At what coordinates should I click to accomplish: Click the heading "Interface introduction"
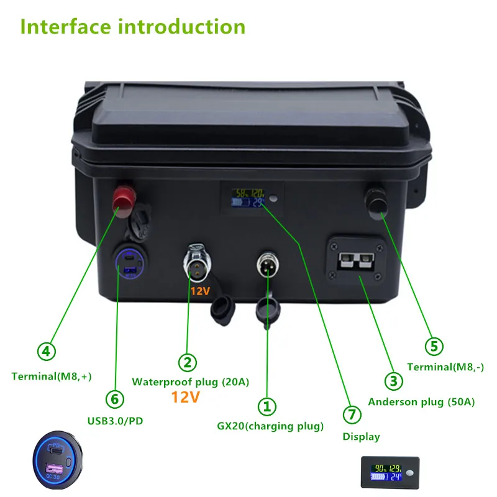point(133,27)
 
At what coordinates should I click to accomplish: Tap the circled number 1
point(267,407)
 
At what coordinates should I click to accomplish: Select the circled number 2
point(188,362)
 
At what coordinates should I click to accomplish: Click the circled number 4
point(46,352)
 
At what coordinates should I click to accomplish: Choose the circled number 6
point(117,398)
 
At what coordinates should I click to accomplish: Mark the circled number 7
point(352,414)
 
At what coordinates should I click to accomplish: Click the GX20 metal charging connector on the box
point(268,265)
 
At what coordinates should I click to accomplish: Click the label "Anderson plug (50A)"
point(421,402)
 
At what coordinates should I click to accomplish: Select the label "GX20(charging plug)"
point(270,426)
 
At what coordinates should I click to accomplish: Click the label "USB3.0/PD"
point(116,421)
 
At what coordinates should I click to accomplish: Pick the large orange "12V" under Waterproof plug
point(185,397)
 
